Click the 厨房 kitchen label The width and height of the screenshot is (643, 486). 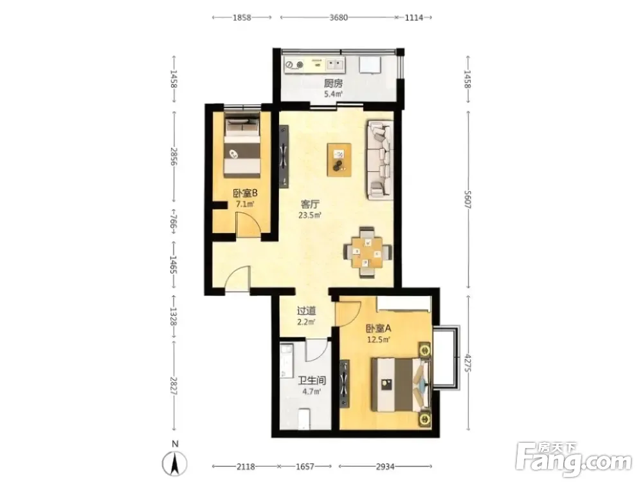click(333, 83)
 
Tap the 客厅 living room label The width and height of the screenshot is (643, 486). click(310, 204)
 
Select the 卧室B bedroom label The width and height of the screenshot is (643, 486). click(245, 193)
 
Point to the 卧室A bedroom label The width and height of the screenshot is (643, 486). click(378, 328)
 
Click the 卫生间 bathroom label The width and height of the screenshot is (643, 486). click(312, 380)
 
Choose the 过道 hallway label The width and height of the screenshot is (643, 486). click(306, 312)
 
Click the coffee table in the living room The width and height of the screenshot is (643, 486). click(339, 160)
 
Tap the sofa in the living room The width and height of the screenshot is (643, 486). click(381, 160)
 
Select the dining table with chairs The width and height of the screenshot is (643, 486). click(367, 252)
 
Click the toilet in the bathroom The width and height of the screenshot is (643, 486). click(304, 418)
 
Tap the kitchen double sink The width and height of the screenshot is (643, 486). click(335, 64)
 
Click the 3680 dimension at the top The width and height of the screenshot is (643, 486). click(339, 17)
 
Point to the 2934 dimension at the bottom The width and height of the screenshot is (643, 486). click(385, 466)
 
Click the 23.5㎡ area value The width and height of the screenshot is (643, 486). click(310, 215)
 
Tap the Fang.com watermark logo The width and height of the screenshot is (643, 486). click(574, 460)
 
